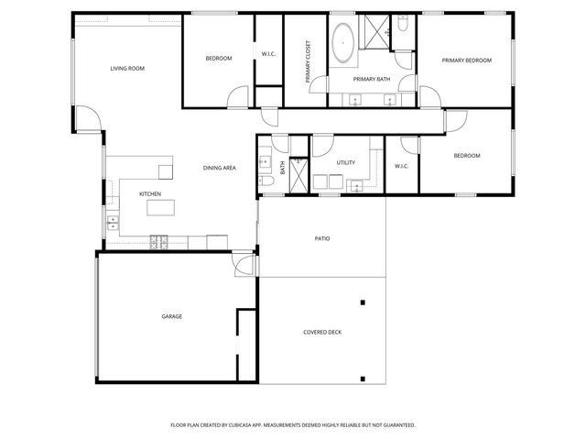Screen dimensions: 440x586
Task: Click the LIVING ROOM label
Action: click(127, 69)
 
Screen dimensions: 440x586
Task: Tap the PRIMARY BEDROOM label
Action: click(466, 60)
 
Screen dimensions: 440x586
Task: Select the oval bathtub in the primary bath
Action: click(342, 44)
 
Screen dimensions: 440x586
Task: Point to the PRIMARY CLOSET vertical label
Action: click(309, 61)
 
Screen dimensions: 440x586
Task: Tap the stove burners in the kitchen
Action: click(158, 242)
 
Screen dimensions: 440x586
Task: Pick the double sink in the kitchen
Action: click(112, 220)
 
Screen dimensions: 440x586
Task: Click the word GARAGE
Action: click(171, 316)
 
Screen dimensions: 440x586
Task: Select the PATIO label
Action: click(322, 238)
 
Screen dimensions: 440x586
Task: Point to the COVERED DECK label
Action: click(322, 332)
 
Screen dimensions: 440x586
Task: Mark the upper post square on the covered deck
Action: click(364, 302)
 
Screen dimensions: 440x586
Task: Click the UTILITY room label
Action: click(345, 162)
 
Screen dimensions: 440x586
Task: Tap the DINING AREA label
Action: click(220, 168)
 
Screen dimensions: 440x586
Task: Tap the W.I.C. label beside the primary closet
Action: click(268, 55)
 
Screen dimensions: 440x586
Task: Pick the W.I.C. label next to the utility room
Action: click(401, 166)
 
